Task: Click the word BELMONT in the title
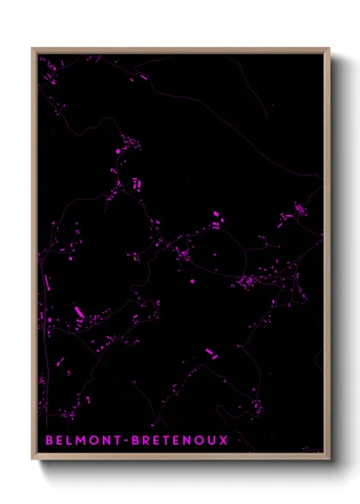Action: tap(84, 441)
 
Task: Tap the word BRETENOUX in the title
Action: tap(179, 441)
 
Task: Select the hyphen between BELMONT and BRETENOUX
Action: tap(126, 441)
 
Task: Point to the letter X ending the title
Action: tap(224, 441)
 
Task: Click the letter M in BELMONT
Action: tap(81, 441)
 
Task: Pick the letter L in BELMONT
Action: tap(69, 441)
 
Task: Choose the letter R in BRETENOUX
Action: tap(147, 441)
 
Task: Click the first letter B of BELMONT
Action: tap(48, 441)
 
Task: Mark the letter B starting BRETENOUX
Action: tap(135, 441)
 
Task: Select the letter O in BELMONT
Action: tap(93, 441)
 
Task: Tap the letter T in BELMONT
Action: tap(117, 441)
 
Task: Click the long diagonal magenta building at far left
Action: tap(79, 312)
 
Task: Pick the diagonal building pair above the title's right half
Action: tap(211, 352)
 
